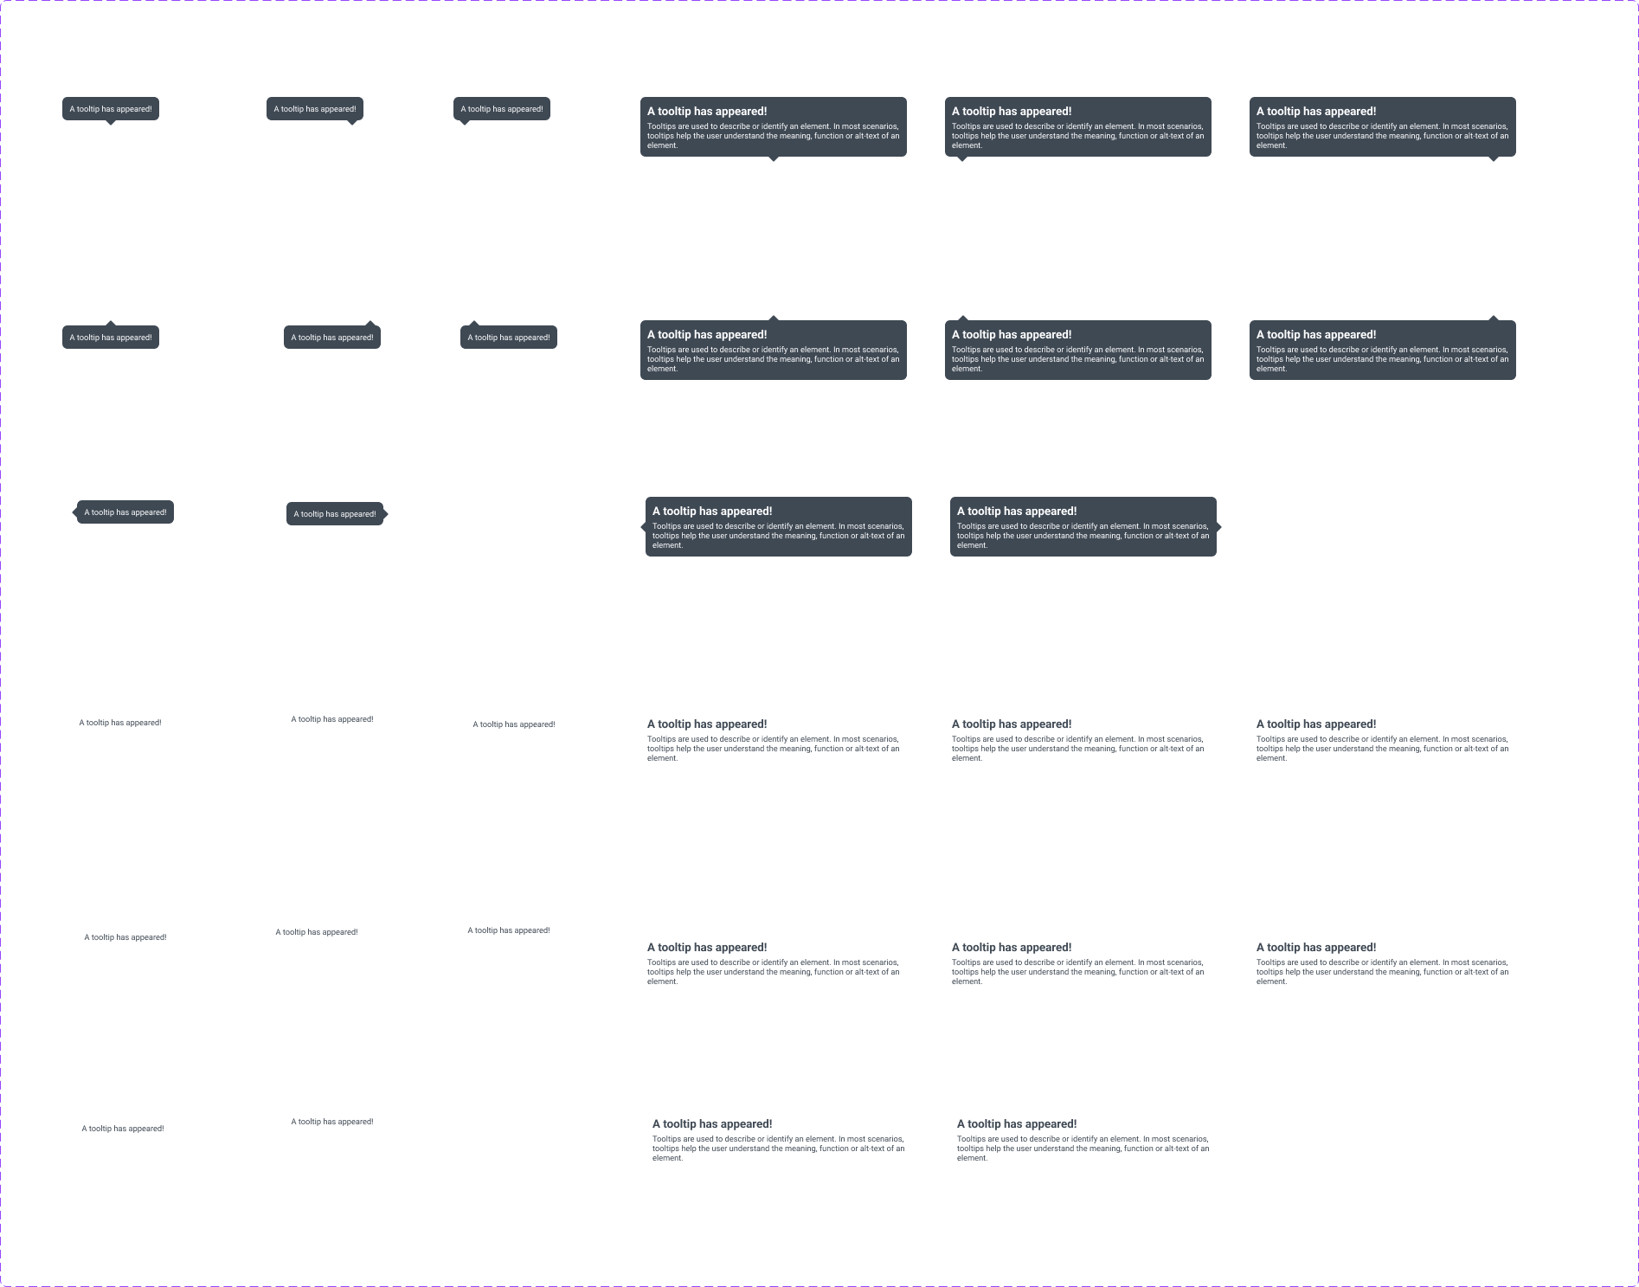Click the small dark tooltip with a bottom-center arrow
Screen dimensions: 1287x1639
coord(111,109)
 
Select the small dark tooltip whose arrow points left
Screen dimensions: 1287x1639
coord(125,512)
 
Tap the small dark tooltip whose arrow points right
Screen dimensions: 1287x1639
coord(335,514)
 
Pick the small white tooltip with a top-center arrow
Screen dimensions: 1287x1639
coord(125,937)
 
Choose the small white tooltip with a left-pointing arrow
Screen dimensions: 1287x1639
coord(123,1129)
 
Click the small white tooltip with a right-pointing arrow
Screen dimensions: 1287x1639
coord(332,1122)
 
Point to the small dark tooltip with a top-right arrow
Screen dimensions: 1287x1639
coord(332,338)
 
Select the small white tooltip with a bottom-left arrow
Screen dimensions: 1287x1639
coord(514,724)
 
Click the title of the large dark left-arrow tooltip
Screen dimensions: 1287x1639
coord(712,512)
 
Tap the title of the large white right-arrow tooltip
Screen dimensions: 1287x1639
coord(1017,1124)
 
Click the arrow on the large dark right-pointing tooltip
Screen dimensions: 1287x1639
coord(1218,526)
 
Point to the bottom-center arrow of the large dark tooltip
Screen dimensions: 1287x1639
coord(774,158)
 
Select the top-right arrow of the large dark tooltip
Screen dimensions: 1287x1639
coord(1493,319)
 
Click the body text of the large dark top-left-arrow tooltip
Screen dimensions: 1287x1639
coord(1077,359)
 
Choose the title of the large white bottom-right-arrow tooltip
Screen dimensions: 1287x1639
coord(1316,724)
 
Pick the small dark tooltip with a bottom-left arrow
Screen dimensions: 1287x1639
coord(502,109)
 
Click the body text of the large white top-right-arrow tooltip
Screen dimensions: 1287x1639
coord(1382,972)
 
